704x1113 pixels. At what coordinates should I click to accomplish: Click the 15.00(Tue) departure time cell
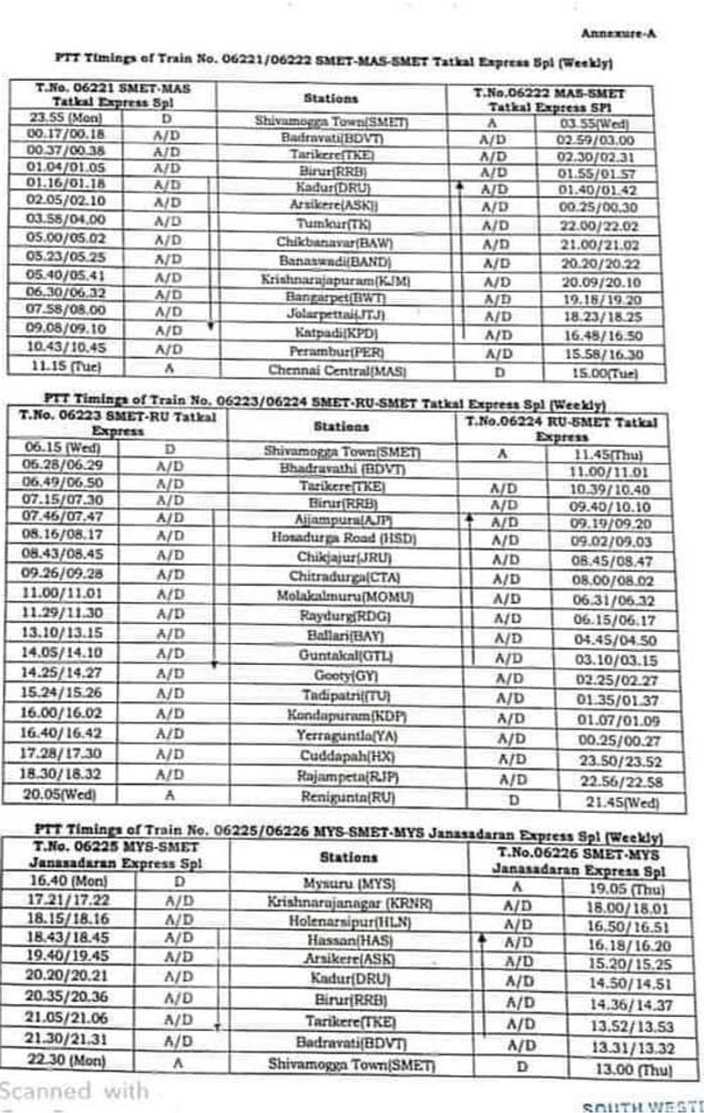pyautogui.click(x=600, y=373)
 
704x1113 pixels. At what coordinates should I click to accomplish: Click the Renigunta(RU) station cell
pyautogui.click(x=343, y=797)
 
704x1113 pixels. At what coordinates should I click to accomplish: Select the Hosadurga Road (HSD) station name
pyautogui.click(x=342, y=535)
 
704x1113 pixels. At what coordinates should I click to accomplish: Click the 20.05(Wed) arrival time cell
pyautogui.click(x=62, y=793)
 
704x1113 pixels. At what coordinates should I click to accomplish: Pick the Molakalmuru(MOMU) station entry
pyautogui.click(x=343, y=597)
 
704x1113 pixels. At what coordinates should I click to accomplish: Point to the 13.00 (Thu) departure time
pyautogui.click(x=617, y=1069)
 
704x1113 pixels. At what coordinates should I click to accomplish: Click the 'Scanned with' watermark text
pyautogui.click(x=74, y=1091)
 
